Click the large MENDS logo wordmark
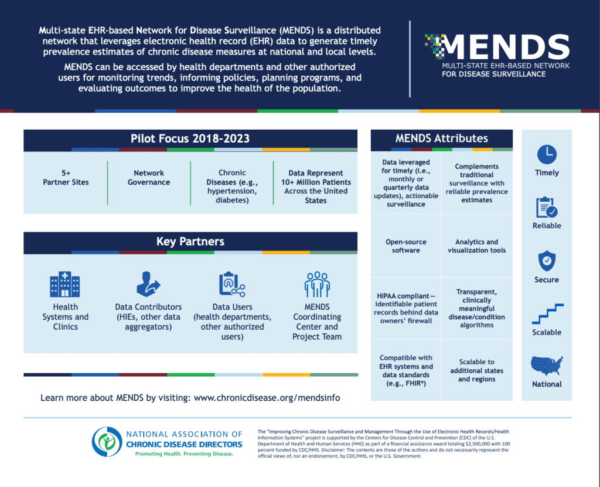[x=504, y=46]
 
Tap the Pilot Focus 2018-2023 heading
[x=190, y=138]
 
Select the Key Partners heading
[x=190, y=241]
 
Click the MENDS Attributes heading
[x=442, y=138]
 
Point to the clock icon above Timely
[x=547, y=154]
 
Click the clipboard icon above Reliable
[x=547, y=207]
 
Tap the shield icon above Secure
[x=547, y=261]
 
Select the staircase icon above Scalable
[x=548, y=314]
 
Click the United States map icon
[x=547, y=366]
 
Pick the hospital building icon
[x=65, y=284]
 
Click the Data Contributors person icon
[x=148, y=284]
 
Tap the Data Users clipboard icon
[x=232, y=284]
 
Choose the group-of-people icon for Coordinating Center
[x=317, y=285]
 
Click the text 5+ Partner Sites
[x=66, y=177]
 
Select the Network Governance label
[x=149, y=177]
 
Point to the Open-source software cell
[x=406, y=246]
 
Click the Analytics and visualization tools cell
[x=477, y=246]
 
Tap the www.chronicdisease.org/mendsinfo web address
[x=267, y=398]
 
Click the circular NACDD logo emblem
[x=107, y=442]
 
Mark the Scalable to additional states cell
[x=477, y=370]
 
